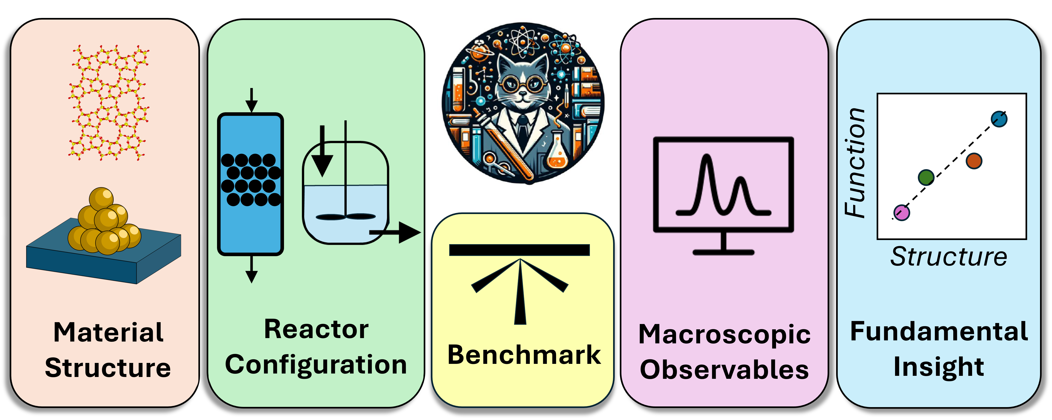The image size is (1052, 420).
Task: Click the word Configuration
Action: point(316,365)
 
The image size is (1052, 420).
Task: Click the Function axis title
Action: point(855,163)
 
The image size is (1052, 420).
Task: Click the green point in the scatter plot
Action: point(926,177)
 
